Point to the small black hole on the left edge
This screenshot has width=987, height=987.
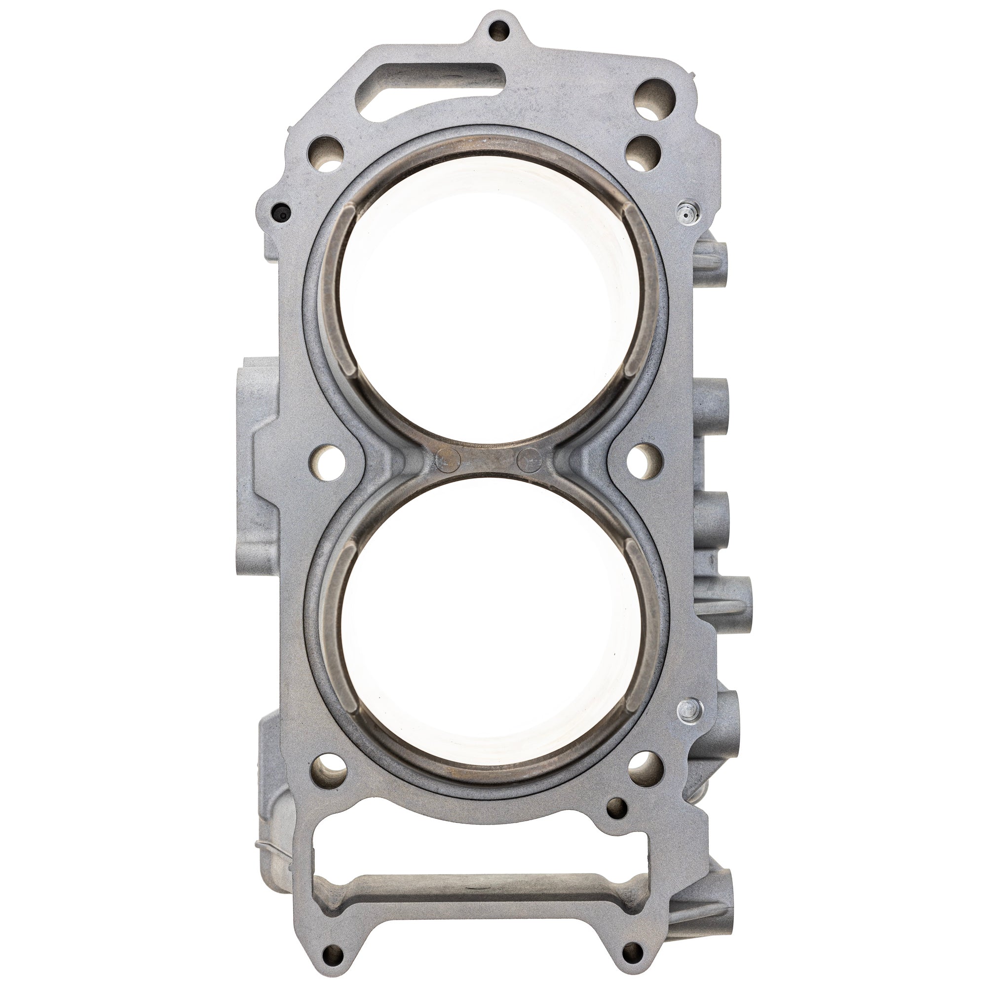(x=279, y=209)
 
